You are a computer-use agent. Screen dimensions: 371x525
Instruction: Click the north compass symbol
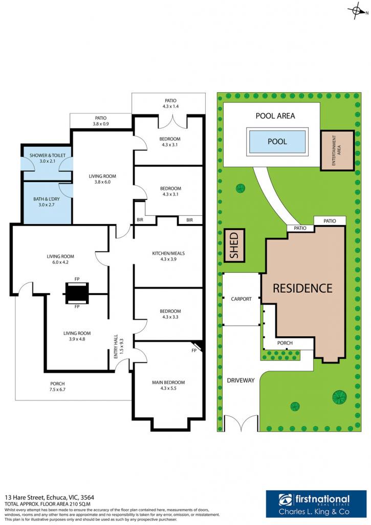[357, 11]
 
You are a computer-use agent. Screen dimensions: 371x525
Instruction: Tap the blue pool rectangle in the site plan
[277, 142]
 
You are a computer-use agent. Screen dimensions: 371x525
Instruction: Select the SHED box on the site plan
[234, 245]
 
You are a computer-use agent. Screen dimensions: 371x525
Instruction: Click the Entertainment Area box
[337, 150]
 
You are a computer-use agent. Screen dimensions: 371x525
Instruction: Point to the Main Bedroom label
[168, 382]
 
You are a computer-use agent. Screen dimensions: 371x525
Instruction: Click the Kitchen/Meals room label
[168, 253]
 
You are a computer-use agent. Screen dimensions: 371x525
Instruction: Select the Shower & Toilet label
[48, 155]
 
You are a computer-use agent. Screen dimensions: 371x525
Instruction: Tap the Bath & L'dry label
[47, 199]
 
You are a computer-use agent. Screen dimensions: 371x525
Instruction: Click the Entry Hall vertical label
[116, 347]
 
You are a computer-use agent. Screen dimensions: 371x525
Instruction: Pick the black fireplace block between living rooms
[77, 293]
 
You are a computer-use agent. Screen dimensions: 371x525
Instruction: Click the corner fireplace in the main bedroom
[197, 346]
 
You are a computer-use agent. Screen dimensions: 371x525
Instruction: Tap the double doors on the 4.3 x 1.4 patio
[172, 122]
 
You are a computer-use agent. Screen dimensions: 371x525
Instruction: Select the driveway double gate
[241, 423]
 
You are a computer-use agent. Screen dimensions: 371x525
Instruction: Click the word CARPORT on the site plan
[241, 299]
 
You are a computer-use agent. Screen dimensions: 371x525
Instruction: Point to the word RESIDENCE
[302, 288]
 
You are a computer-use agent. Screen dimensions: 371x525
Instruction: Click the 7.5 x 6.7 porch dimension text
[57, 390]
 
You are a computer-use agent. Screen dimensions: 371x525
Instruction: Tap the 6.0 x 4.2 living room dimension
[60, 262]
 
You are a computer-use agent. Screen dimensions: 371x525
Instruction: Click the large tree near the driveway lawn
[339, 397]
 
